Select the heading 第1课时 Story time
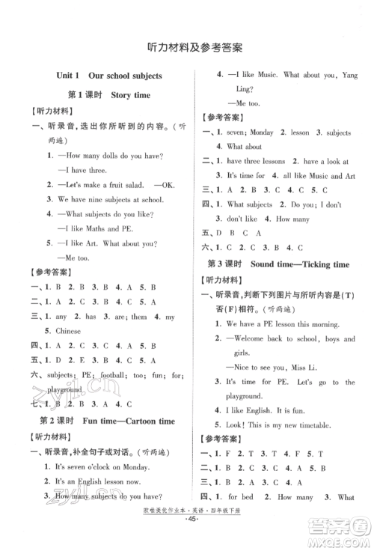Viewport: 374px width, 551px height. [108, 95]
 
